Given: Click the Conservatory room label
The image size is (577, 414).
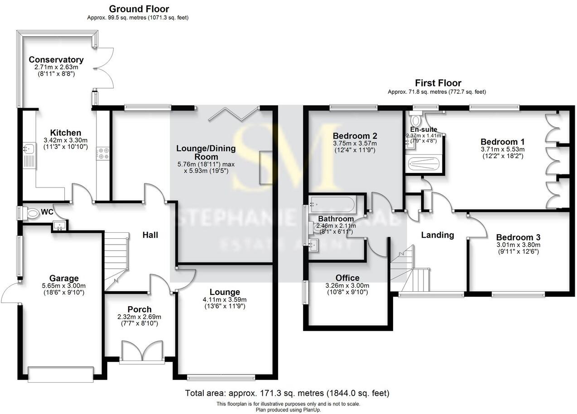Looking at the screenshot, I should tap(56, 60).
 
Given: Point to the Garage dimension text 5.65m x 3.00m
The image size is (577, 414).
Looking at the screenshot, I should tap(64, 286).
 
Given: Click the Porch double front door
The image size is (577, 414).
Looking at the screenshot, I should tap(142, 351).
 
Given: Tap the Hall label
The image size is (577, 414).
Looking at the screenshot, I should tap(150, 235).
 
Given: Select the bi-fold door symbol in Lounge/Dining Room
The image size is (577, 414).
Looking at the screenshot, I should tap(233, 114).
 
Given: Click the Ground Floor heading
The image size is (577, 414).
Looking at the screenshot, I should tap(139, 9).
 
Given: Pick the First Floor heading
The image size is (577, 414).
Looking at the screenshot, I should tap(438, 83).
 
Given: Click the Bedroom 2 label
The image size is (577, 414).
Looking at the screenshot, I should tap(355, 136).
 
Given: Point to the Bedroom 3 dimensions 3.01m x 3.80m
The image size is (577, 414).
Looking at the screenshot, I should tap(518, 245).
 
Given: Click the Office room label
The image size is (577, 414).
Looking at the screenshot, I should tap(347, 278).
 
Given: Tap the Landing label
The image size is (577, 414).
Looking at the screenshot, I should tap(437, 235).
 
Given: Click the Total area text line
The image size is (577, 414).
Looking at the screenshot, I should tap(287, 393).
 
